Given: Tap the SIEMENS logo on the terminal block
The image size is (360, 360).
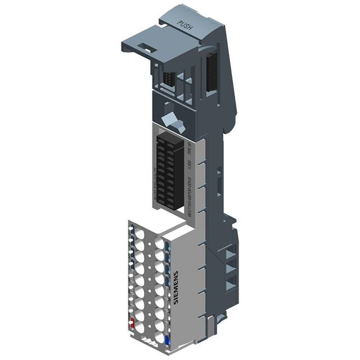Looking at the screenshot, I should coord(175,287).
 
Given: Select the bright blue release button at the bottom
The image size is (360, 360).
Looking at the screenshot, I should coord(167,339).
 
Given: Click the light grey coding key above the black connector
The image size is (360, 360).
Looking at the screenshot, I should coord(169,121).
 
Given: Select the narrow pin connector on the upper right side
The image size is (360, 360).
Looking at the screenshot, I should coord(211,70).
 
